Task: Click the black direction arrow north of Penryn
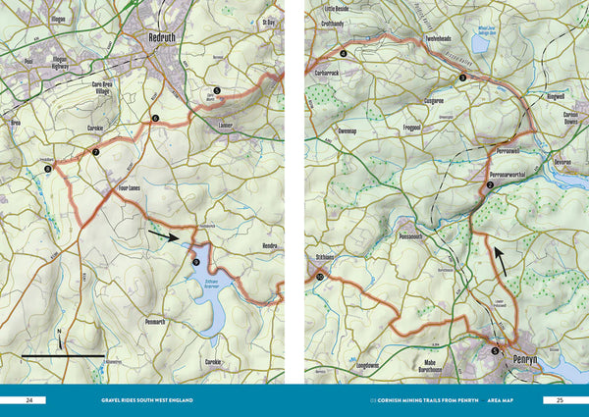[500, 260]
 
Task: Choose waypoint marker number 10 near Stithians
[320, 278]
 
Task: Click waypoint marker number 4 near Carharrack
[344, 53]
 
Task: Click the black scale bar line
[63, 354]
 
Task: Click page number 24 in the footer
[29, 400]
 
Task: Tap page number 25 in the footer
[559, 400]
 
